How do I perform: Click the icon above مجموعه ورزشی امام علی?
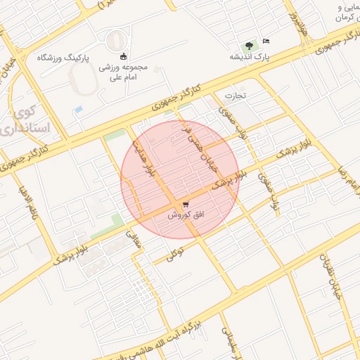pos(124,56)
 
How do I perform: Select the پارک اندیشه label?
pos(251,56)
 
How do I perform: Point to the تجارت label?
pos(233,94)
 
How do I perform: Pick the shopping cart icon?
pos(185,205)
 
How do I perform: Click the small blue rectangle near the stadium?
pos(79,110)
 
